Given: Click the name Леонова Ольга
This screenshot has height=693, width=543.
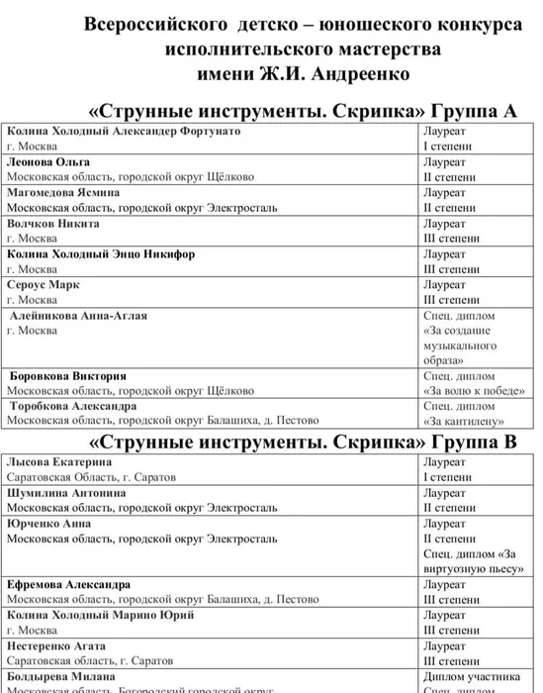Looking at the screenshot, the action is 48,161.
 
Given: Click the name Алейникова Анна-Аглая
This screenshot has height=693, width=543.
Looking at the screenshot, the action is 78,316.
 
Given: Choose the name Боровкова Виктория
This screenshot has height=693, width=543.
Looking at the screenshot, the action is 68,376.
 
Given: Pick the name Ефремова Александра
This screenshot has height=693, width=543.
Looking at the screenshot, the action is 69,585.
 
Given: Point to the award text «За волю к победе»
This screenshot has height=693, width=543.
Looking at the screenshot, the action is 468,392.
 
